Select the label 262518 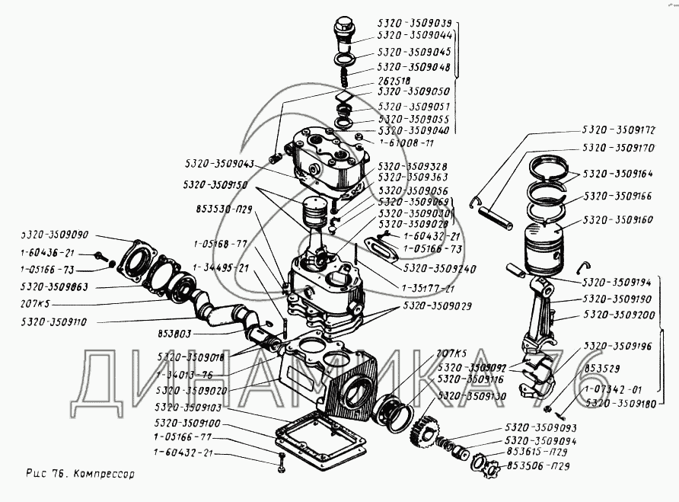pos(394,79)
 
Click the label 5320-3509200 pos(618,314)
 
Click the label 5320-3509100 pos(186,423)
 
